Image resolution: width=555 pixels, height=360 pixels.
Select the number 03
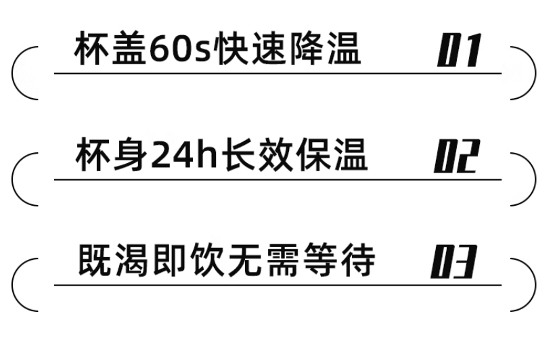point(454,263)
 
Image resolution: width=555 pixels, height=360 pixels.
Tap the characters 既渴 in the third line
point(115,262)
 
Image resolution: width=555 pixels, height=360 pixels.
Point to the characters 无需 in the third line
point(265,262)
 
